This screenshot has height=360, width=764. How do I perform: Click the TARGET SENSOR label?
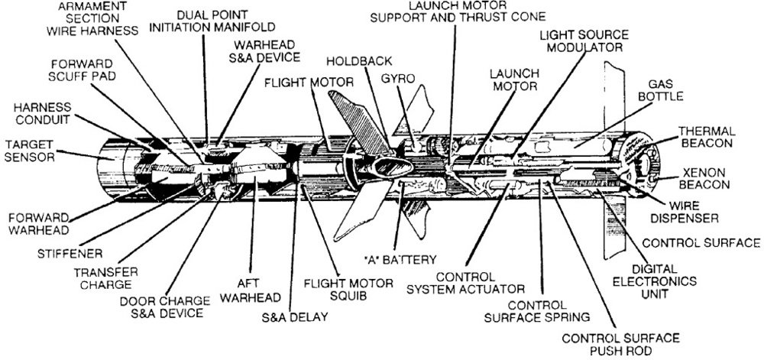[28, 150]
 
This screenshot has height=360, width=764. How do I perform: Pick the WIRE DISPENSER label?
[690, 212]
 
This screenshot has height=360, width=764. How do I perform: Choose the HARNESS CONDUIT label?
[34, 114]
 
